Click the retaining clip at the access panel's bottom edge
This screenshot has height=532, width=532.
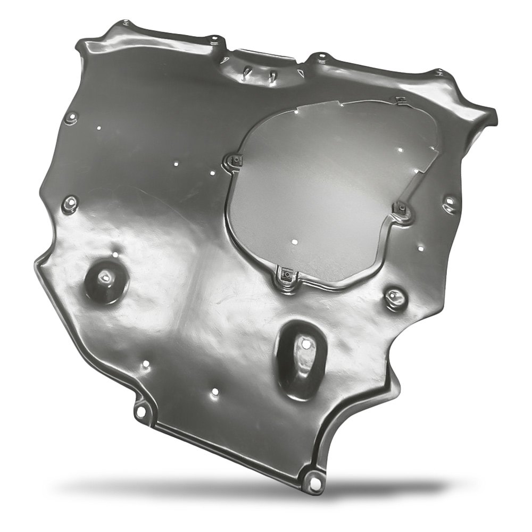click(286, 275)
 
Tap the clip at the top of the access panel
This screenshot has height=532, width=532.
click(400, 100)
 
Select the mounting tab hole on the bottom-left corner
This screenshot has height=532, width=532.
click(140, 411)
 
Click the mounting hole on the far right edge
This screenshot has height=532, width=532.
click(450, 203)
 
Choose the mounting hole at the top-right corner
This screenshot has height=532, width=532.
click(439, 73)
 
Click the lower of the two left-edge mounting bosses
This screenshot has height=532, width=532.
click(69, 204)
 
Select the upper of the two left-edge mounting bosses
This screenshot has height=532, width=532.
click(71, 117)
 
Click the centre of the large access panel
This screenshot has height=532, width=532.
click(330, 186)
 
